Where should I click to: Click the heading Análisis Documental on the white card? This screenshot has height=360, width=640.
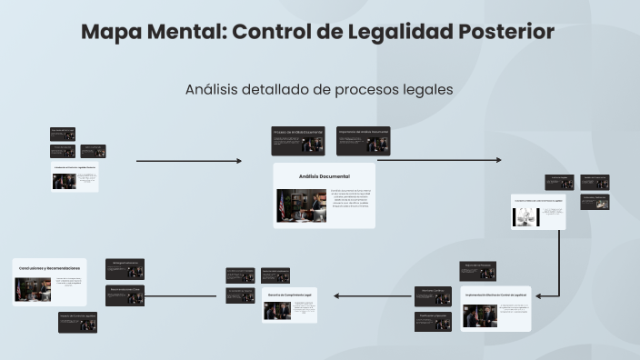(324, 175)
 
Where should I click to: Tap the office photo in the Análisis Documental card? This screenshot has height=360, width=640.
(301, 206)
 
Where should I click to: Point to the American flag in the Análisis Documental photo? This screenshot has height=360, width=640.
(283, 205)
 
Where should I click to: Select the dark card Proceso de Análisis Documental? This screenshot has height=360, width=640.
(298, 140)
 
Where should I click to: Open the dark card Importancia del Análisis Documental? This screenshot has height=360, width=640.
(363, 140)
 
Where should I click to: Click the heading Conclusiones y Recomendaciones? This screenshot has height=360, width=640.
(50, 268)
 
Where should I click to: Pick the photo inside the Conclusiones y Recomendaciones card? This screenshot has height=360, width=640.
(32, 289)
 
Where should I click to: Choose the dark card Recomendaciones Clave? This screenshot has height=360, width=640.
(125, 295)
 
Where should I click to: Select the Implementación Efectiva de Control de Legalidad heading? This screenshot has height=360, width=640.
(495, 295)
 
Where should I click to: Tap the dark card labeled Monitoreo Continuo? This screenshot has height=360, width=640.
(433, 295)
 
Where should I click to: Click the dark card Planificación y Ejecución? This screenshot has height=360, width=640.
(433, 320)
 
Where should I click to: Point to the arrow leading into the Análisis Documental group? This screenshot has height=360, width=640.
(189, 161)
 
